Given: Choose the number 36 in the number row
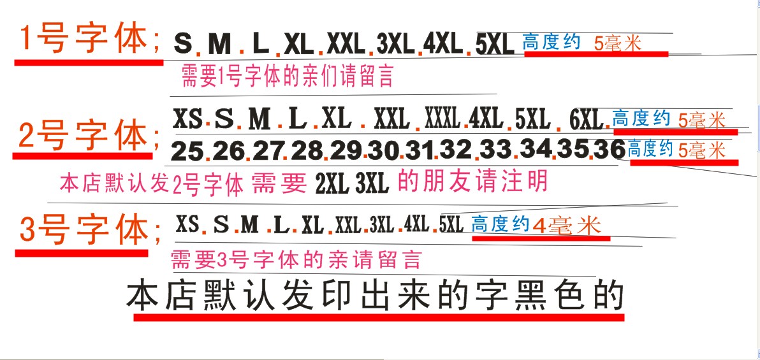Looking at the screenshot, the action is tap(608, 150).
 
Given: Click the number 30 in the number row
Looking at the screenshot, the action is tap(383, 152).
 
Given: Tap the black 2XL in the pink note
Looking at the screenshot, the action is tap(332, 184).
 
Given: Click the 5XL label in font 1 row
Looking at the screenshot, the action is tap(495, 44).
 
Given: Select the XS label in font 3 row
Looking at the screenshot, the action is tap(187, 224).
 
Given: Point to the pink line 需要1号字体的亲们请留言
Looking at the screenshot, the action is tap(287, 76).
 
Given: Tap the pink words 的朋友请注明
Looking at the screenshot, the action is tap(472, 182).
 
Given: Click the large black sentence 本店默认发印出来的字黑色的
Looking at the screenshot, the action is tap(375, 296).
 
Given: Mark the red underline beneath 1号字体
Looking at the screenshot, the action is tap(89, 62).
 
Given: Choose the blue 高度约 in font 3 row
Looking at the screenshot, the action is tap(501, 225).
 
